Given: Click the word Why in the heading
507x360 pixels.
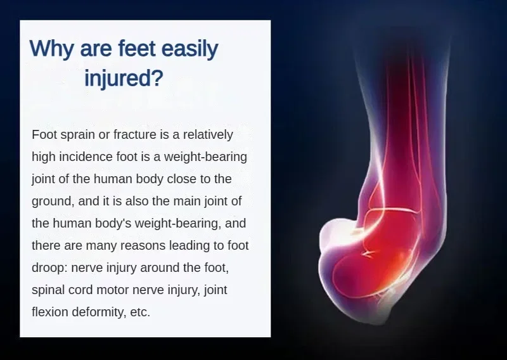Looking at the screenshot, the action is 51,49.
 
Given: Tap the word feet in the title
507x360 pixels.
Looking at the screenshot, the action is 137,48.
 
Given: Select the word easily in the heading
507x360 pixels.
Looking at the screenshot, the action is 189,49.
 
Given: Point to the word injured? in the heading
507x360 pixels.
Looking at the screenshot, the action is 124,77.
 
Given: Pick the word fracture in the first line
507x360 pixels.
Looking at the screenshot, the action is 135,134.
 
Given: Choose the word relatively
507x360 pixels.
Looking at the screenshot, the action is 208,134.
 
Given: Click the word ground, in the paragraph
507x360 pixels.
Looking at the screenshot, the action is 53,201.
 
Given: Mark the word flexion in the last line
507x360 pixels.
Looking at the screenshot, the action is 50,312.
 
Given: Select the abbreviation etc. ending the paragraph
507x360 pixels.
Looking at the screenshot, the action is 140,312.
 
